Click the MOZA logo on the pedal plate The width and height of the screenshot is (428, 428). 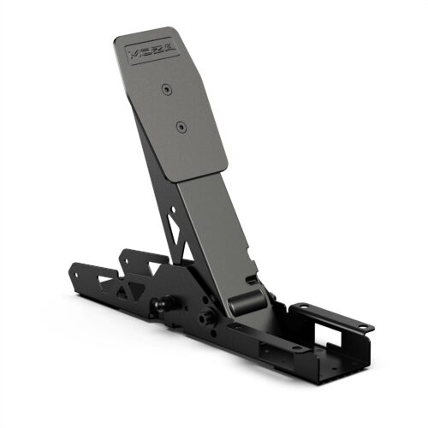[152, 50]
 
